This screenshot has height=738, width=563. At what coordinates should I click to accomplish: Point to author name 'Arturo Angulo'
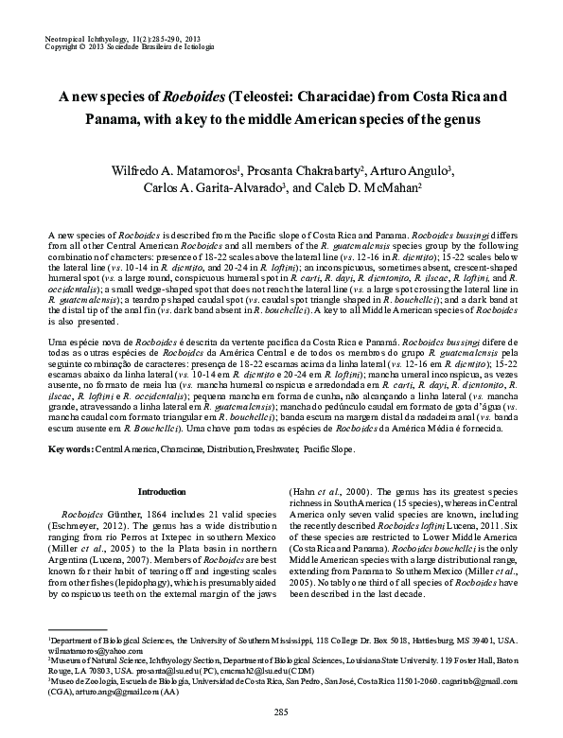click(x=389, y=169)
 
